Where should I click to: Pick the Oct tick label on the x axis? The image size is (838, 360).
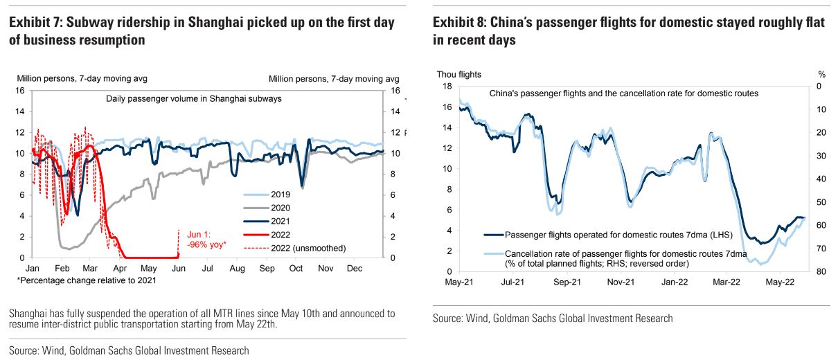click(296, 267)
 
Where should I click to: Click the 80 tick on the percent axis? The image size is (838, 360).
click(821, 271)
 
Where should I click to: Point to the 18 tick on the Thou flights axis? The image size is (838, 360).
click(447, 86)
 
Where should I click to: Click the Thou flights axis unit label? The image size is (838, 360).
click(458, 73)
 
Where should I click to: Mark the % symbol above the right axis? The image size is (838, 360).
click(821, 73)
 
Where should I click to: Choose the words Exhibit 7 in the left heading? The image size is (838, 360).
click(35, 23)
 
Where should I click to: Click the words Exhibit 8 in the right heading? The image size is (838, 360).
click(460, 23)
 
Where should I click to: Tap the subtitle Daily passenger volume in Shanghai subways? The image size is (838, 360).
click(194, 99)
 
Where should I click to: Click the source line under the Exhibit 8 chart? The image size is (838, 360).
click(553, 318)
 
